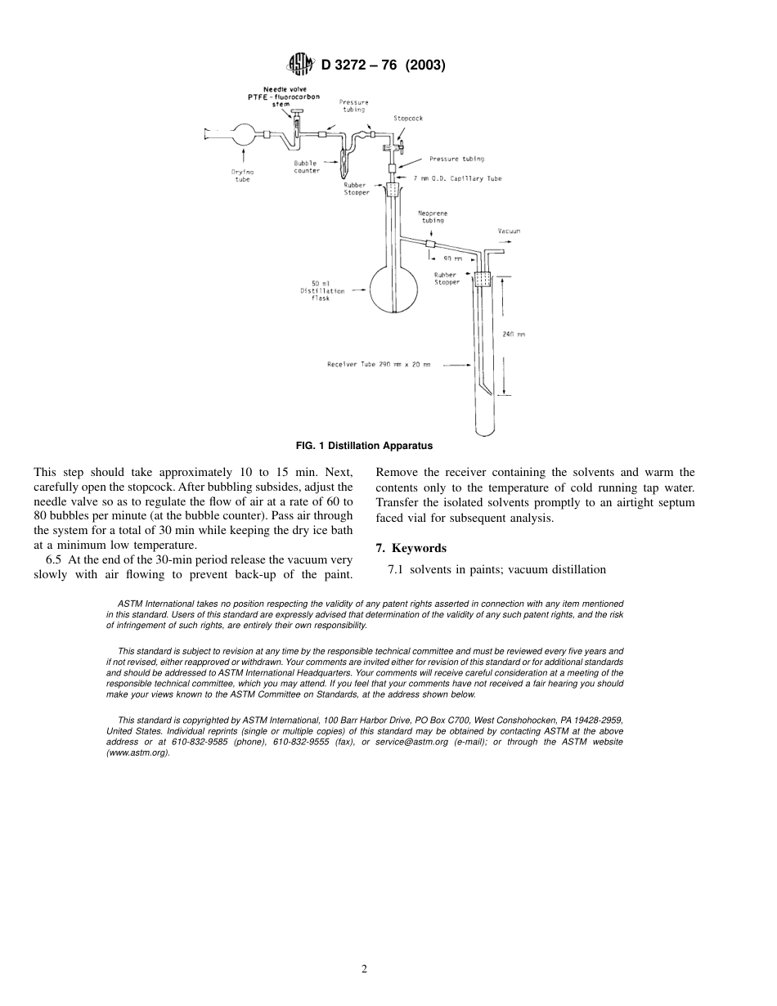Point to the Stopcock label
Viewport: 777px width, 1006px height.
pyautogui.click(x=408, y=119)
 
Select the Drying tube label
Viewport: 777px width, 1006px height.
pyautogui.click(x=243, y=175)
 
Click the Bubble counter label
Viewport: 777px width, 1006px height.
pyautogui.click(x=307, y=167)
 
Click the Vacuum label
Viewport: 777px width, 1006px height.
pyautogui.click(x=509, y=231)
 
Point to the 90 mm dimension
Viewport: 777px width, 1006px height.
pyautogui.click(x=452, y=258)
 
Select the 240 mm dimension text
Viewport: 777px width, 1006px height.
pyautogui.click(x=514, y=335)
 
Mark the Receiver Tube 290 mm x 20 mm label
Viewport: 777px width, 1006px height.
pyautogui.click(x=378, y=364)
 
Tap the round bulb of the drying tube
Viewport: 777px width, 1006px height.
pyautogui.click(x=243, y=134)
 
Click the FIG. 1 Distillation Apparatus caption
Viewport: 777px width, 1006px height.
pyautogui.click(x=364, y=446)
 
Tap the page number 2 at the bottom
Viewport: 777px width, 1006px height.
pyautogui.click(x=365, y=969)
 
